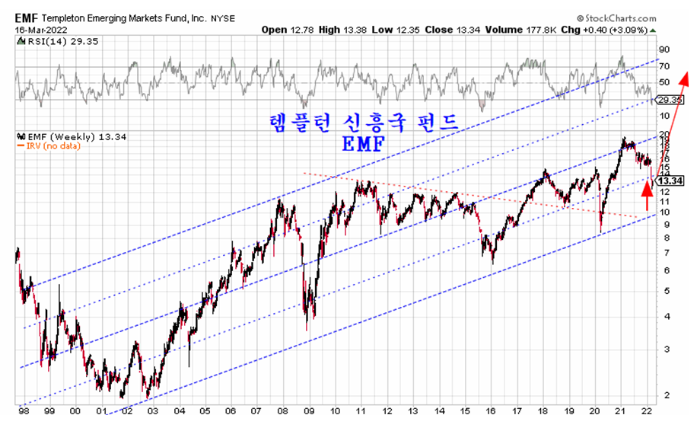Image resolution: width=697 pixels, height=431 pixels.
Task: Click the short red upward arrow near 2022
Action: [648, 196]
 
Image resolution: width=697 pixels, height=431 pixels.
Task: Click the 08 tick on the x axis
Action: [282, 411]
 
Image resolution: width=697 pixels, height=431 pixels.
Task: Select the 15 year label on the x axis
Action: [464, 411]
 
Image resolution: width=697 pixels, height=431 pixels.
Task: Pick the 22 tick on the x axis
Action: [646, 411]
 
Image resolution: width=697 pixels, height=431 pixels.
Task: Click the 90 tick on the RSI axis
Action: [664, 48]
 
